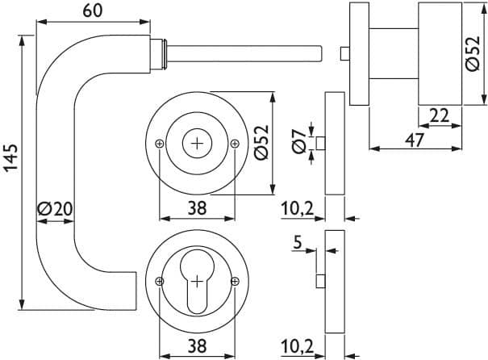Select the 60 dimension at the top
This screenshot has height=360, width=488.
(x=93, y=11)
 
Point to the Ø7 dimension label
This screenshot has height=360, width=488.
(x=299, y=142)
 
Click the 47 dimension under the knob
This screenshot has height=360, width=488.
(x=415, y=140)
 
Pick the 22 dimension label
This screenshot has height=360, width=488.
(x=439, y=115)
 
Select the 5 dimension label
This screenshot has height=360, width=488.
(x=298, y=242)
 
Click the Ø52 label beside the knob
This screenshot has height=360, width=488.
(x=473, y=53)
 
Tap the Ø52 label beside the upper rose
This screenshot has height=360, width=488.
(x=261, y=142)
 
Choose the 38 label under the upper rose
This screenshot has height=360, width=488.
(x=197, y=208)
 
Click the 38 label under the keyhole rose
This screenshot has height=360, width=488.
(x=197, y=345)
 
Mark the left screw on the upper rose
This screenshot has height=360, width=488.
(x=160, y=144)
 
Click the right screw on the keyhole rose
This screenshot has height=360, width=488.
(x=235, y=282)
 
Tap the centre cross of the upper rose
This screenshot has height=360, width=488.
(x=197, y=144)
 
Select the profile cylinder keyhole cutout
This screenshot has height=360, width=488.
(x=197, y=281)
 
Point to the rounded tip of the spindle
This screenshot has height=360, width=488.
(x=320, y=54)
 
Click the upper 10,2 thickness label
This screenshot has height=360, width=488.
(x=297, y=208)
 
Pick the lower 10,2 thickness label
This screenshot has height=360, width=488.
(x=297, y=345)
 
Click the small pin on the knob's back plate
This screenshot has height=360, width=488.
(x=345, y=53)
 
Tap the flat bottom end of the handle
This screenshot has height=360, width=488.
(x=136, y=291)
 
